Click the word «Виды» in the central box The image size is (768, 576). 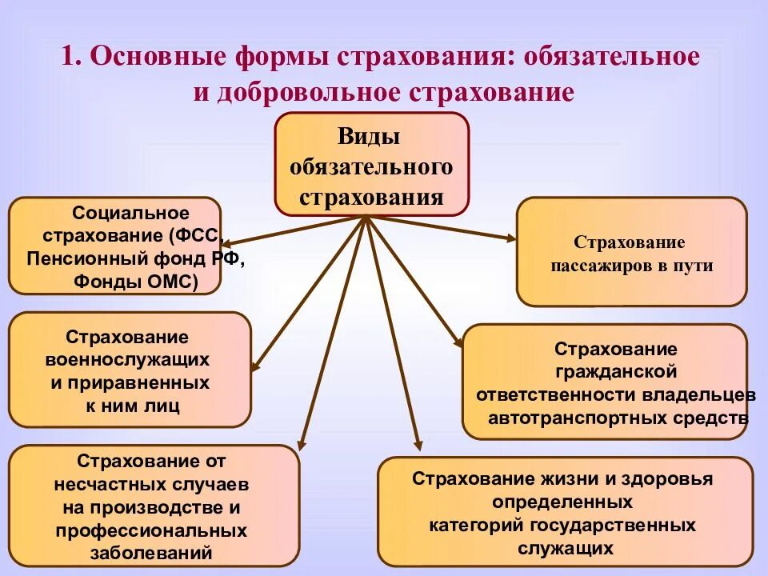click(369, 137)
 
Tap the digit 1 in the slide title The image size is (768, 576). click(70, 58)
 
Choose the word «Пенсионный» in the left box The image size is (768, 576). click(77, 259)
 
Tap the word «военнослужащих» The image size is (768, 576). click(128, 360)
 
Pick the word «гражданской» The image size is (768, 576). click(615, 372)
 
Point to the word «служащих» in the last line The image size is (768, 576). click(565, 548)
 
